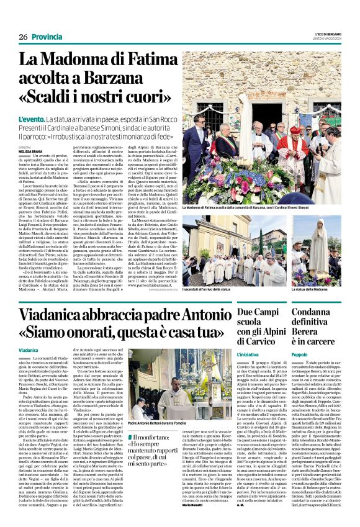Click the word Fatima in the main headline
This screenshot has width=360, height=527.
pyautogui.click(x=149, y=61)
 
